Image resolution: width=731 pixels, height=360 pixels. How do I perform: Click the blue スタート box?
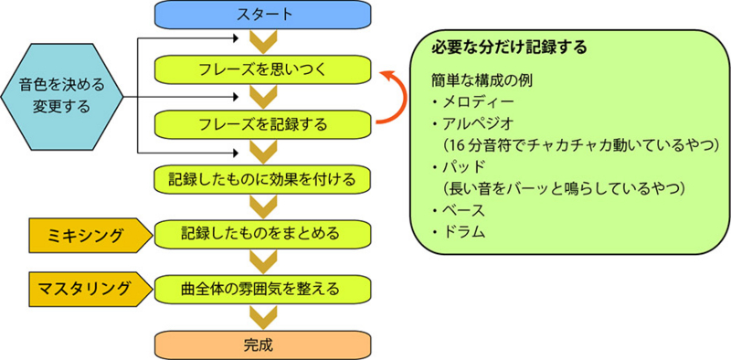[x=263, y=14]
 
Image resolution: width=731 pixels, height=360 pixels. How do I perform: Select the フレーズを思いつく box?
[x=263, y=69]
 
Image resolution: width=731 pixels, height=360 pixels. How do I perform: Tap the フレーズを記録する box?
[x=263, y=122]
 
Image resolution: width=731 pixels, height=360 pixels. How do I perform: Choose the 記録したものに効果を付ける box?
[x=263, y=177]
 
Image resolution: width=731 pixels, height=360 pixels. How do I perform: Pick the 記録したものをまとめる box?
[x=263, y=233]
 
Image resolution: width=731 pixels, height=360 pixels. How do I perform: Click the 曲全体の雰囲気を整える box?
[x=263, y=289]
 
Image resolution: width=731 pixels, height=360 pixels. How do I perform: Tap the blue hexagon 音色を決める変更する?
[x=61, y=96]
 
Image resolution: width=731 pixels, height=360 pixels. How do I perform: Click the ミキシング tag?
[x=88, y=234]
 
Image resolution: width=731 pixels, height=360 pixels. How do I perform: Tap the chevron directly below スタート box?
[x=263, y=40]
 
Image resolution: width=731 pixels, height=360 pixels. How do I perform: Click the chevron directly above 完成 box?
[x=263, y=316]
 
